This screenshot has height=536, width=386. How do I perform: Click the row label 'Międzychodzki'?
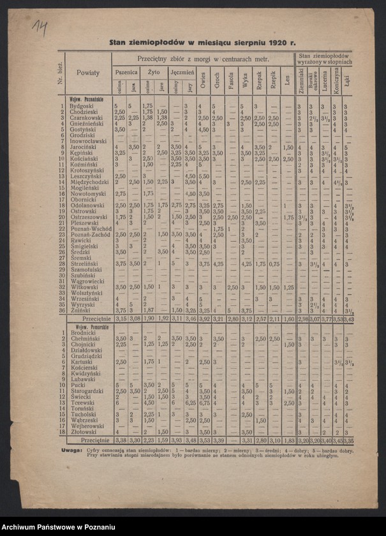[89, 182]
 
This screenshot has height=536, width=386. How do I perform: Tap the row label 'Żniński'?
[80, 310]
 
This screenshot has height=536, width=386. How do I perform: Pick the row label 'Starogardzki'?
[87, 391]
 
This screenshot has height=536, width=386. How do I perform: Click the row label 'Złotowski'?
[84, 431]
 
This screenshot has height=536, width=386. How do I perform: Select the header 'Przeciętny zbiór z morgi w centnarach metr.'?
[202, 58]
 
